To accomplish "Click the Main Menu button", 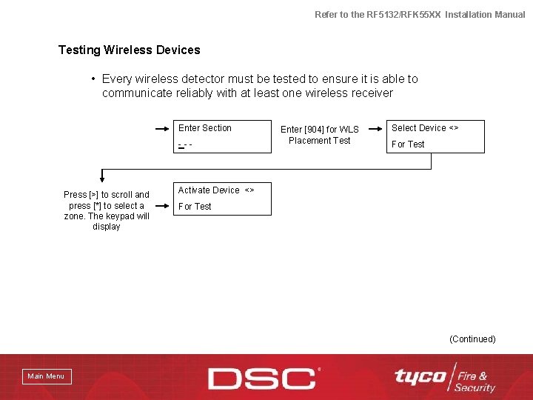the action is tap(46, 376).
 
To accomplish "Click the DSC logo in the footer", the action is tap(264, 378).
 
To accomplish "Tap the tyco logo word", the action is tap(420, 376).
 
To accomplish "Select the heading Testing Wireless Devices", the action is tap(130, 50).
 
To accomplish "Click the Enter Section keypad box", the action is tap(223, 136).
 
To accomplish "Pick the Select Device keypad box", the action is tap(435, 136).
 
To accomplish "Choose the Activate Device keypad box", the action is tap(223, 199).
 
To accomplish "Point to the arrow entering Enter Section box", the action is tap(162, 128).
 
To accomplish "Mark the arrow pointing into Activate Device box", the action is tap(162, 190).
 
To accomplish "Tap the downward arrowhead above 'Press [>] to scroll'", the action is tap(102, 179).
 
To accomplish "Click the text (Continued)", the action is tap(472, 339).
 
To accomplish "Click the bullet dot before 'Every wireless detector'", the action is tap(93, 79).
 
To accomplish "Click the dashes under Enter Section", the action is tap(185, 144).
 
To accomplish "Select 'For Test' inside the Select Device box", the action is tap(408, 144).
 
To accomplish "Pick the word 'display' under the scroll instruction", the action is tap(107, 227).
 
